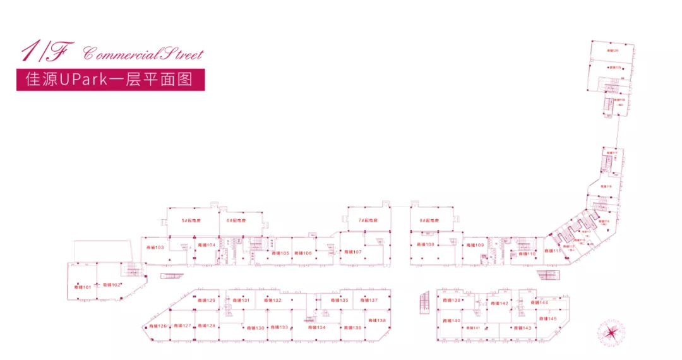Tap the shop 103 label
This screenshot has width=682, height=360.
(x=155, y=247)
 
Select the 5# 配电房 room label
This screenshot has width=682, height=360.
(x=191, y=221)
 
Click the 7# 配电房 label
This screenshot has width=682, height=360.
(x=368, y=221)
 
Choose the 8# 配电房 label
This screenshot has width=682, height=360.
(x=429, y=221)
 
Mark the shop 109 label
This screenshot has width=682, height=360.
(x=475, y=244)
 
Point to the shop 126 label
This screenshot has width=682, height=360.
(x=158, y=326)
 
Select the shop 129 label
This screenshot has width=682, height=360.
(x=206, y=300)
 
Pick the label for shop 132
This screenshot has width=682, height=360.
(x=273, y=300)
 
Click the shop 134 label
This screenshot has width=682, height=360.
(x=316, y=327)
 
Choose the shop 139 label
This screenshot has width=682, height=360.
(x=452, y=300)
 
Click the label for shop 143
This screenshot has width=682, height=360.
(x=522, y=328)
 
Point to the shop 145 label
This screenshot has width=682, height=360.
(x=547, y=319)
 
